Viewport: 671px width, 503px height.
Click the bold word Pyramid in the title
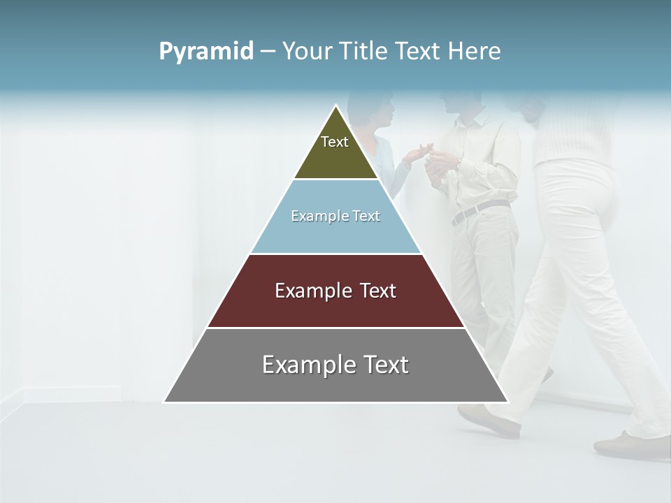coord(206,51)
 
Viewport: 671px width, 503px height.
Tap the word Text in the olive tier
coord(335,142)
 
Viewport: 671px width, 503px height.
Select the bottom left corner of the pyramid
coord(165,401)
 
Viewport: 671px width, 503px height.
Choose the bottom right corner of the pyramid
coord(507,401)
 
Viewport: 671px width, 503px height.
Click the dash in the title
coord(268,52)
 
